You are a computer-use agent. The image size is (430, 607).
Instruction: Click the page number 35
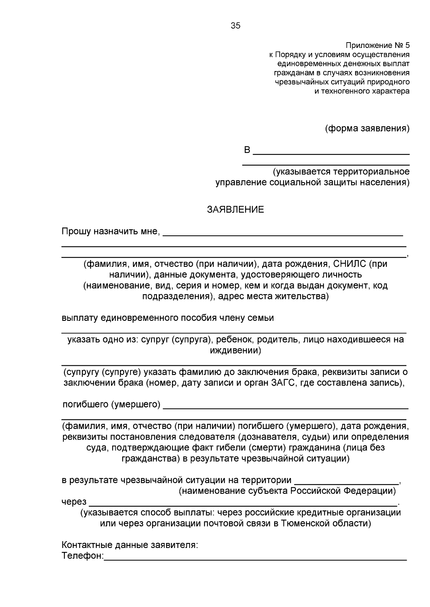click(235, 26)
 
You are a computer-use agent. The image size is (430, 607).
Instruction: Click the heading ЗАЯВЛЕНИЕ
click(235, 210)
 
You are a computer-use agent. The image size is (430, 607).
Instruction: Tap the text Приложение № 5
click(377, 45)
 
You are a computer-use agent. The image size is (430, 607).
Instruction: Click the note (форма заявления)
click(367, 128)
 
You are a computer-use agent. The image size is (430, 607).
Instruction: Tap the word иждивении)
click(235, 350)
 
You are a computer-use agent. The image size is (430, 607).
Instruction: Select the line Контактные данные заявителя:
click(130, 545)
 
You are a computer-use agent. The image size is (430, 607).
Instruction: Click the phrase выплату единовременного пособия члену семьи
click(168, 318)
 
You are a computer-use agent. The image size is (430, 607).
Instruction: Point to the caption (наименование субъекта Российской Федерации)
click(287, 491)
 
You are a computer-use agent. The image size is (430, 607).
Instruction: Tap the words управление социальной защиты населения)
click(312, 182)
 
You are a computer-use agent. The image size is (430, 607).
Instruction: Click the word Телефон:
click(82, 556)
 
